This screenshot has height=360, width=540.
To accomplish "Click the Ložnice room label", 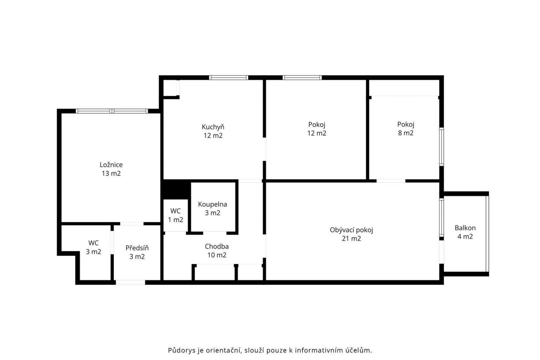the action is click(x=111, y=165).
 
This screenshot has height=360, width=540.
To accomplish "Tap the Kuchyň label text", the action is click(x=213, y=127).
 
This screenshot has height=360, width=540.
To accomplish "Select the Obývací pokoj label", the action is click(x=351, y=230).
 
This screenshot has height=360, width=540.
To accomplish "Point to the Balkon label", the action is click(x=465, y=228).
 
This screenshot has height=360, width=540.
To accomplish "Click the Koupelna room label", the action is click(x=212, y=204).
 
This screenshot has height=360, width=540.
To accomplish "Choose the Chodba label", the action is click(x=217, y=246).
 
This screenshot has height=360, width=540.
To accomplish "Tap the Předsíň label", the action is click(x=137, y=248).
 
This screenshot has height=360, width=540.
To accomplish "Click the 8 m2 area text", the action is click(x=406, y=133).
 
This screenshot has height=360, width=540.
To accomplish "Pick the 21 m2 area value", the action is click(x=351, y=238).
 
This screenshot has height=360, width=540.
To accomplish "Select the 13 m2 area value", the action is click(x=111, y=173).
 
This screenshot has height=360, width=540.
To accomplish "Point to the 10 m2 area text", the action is click(x=217, y=255).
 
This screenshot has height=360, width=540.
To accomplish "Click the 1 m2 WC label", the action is click(x=175, y=215).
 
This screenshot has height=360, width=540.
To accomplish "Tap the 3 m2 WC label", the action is click(x=93, y=247).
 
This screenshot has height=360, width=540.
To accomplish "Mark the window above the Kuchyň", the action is click(x=229, y=78).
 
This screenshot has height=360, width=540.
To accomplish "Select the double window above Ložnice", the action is click(x=112, y=111).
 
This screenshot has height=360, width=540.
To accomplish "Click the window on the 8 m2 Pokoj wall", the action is click(x=441, y=147).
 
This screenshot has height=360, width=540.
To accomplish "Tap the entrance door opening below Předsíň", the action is click(x=130, y=282).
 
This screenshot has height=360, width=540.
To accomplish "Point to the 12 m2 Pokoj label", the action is click(x=317, y=129).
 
